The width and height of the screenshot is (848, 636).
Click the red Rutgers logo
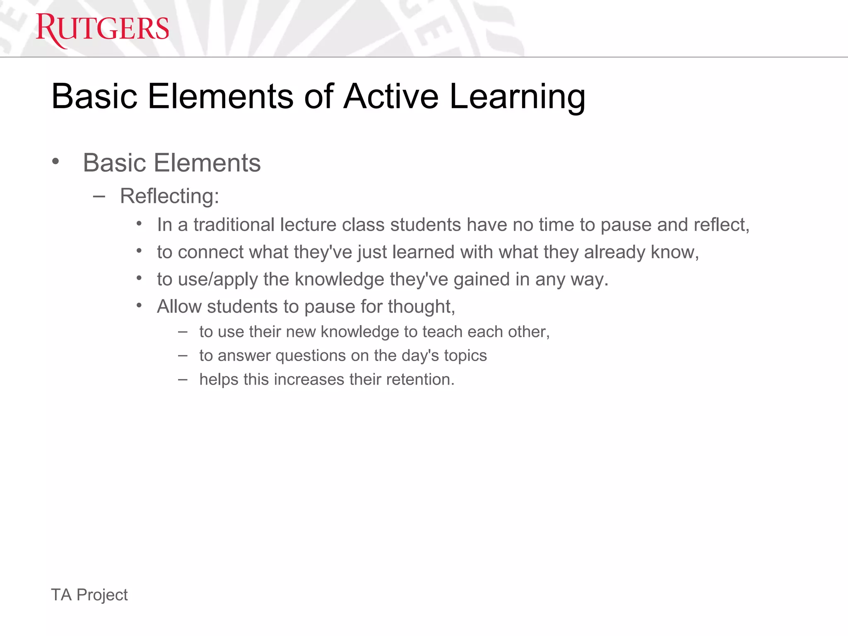pos(102,29)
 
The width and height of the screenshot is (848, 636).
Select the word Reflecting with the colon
pos(169,196)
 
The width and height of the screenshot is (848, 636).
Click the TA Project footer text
pos(89,595)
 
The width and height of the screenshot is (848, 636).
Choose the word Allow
pos(179,307)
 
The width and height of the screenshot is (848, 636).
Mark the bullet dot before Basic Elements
pos(55,162)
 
